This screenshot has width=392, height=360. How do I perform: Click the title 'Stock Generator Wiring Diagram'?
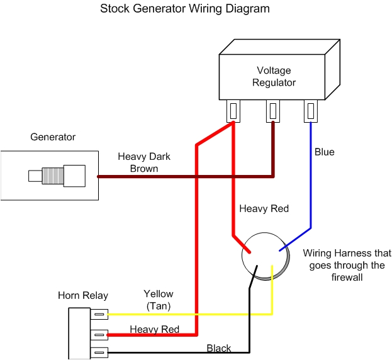point(185,9)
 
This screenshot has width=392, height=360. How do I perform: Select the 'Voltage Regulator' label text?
point(274,76)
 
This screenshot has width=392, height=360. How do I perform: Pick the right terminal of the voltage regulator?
point(311,111)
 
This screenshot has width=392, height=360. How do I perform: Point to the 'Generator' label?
point(53,137)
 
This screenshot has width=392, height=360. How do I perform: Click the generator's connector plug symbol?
point(57,174)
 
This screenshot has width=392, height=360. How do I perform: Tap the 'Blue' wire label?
point(325,152)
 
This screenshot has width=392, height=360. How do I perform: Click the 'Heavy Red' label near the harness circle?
point(264,208)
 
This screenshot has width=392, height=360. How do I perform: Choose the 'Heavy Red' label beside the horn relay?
point(154,329)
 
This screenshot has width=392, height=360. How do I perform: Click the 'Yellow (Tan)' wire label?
point(158,300)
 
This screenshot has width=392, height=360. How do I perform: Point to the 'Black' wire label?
point(218,348)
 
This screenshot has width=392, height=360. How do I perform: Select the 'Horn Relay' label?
point(83,295)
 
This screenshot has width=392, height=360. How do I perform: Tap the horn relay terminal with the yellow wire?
point(99,313)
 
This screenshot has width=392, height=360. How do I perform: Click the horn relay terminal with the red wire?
point(99,333)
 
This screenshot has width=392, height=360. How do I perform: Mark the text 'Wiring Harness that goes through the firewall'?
point(343,265)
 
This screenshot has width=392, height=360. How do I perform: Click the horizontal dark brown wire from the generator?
point(182,177)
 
